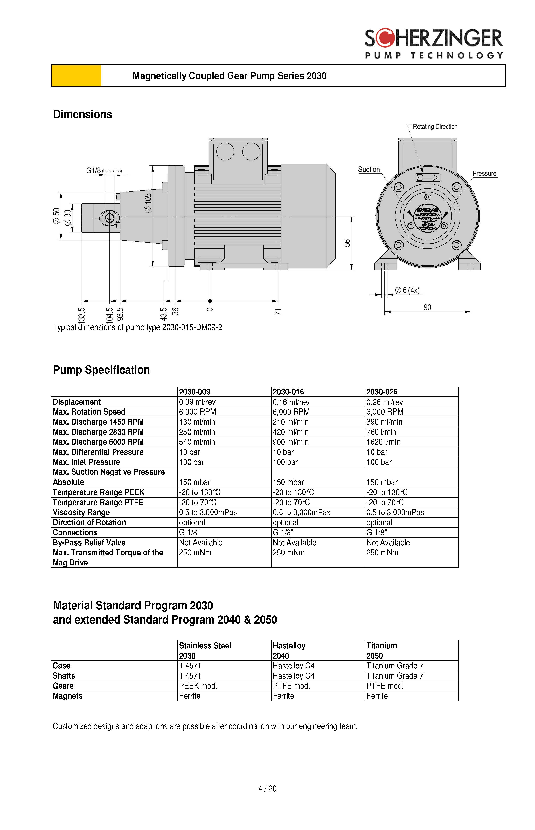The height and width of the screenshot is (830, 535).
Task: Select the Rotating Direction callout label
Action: tap(435, 127)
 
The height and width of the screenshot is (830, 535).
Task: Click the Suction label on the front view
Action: tap(369, 170)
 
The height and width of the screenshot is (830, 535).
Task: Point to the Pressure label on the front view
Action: tap(484, 174)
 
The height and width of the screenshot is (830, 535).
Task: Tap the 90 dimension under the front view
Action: tap(427, 307)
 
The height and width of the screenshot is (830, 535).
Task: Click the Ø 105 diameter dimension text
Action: tap(148, 203)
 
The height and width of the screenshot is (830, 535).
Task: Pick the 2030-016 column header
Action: tap(288, 392)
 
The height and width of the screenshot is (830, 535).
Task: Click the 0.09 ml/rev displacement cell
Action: tap(197, 402)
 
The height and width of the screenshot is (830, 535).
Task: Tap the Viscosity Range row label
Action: tap(81, 513)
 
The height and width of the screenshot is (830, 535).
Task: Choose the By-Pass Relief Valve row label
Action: tap(89, 543)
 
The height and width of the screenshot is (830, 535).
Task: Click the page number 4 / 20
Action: tap(267, 789)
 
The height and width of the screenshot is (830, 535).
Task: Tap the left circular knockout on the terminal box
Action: tap(225, 151)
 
